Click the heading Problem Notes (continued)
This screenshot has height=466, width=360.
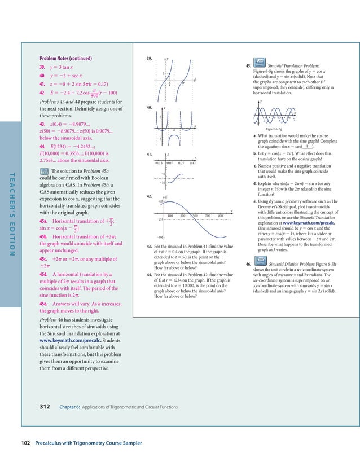tap(65, 58)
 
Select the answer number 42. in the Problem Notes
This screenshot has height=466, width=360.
tap(43, 91)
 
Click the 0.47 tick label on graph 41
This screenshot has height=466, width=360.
tap(192, 163)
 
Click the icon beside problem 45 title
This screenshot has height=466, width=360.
tap(260, 61)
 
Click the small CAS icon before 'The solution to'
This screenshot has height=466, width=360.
tap(43, 170)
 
